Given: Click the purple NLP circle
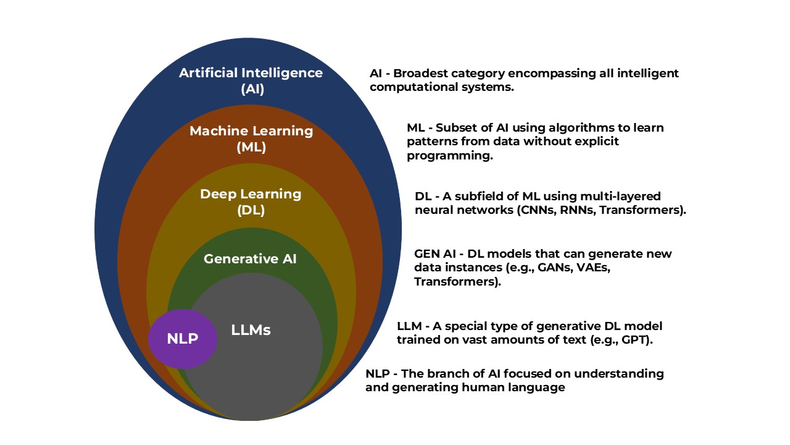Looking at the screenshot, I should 183,339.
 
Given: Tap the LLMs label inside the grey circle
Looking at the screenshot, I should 251,330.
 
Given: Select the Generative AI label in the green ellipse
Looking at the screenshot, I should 250,259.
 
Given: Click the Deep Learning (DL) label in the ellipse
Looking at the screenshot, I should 251,202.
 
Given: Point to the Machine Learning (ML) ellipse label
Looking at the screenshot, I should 251,139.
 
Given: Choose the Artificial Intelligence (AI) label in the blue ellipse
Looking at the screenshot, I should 251,81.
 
